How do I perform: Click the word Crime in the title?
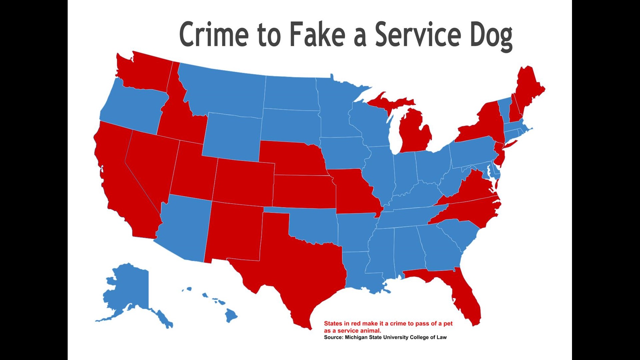pos(214,34)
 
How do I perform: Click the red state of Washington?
pos(143,72)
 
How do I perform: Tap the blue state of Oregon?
pos(133,107)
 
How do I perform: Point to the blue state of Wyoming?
pos(232,137)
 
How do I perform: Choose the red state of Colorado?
pos(243,182)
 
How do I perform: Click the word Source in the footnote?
pos(333,337)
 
